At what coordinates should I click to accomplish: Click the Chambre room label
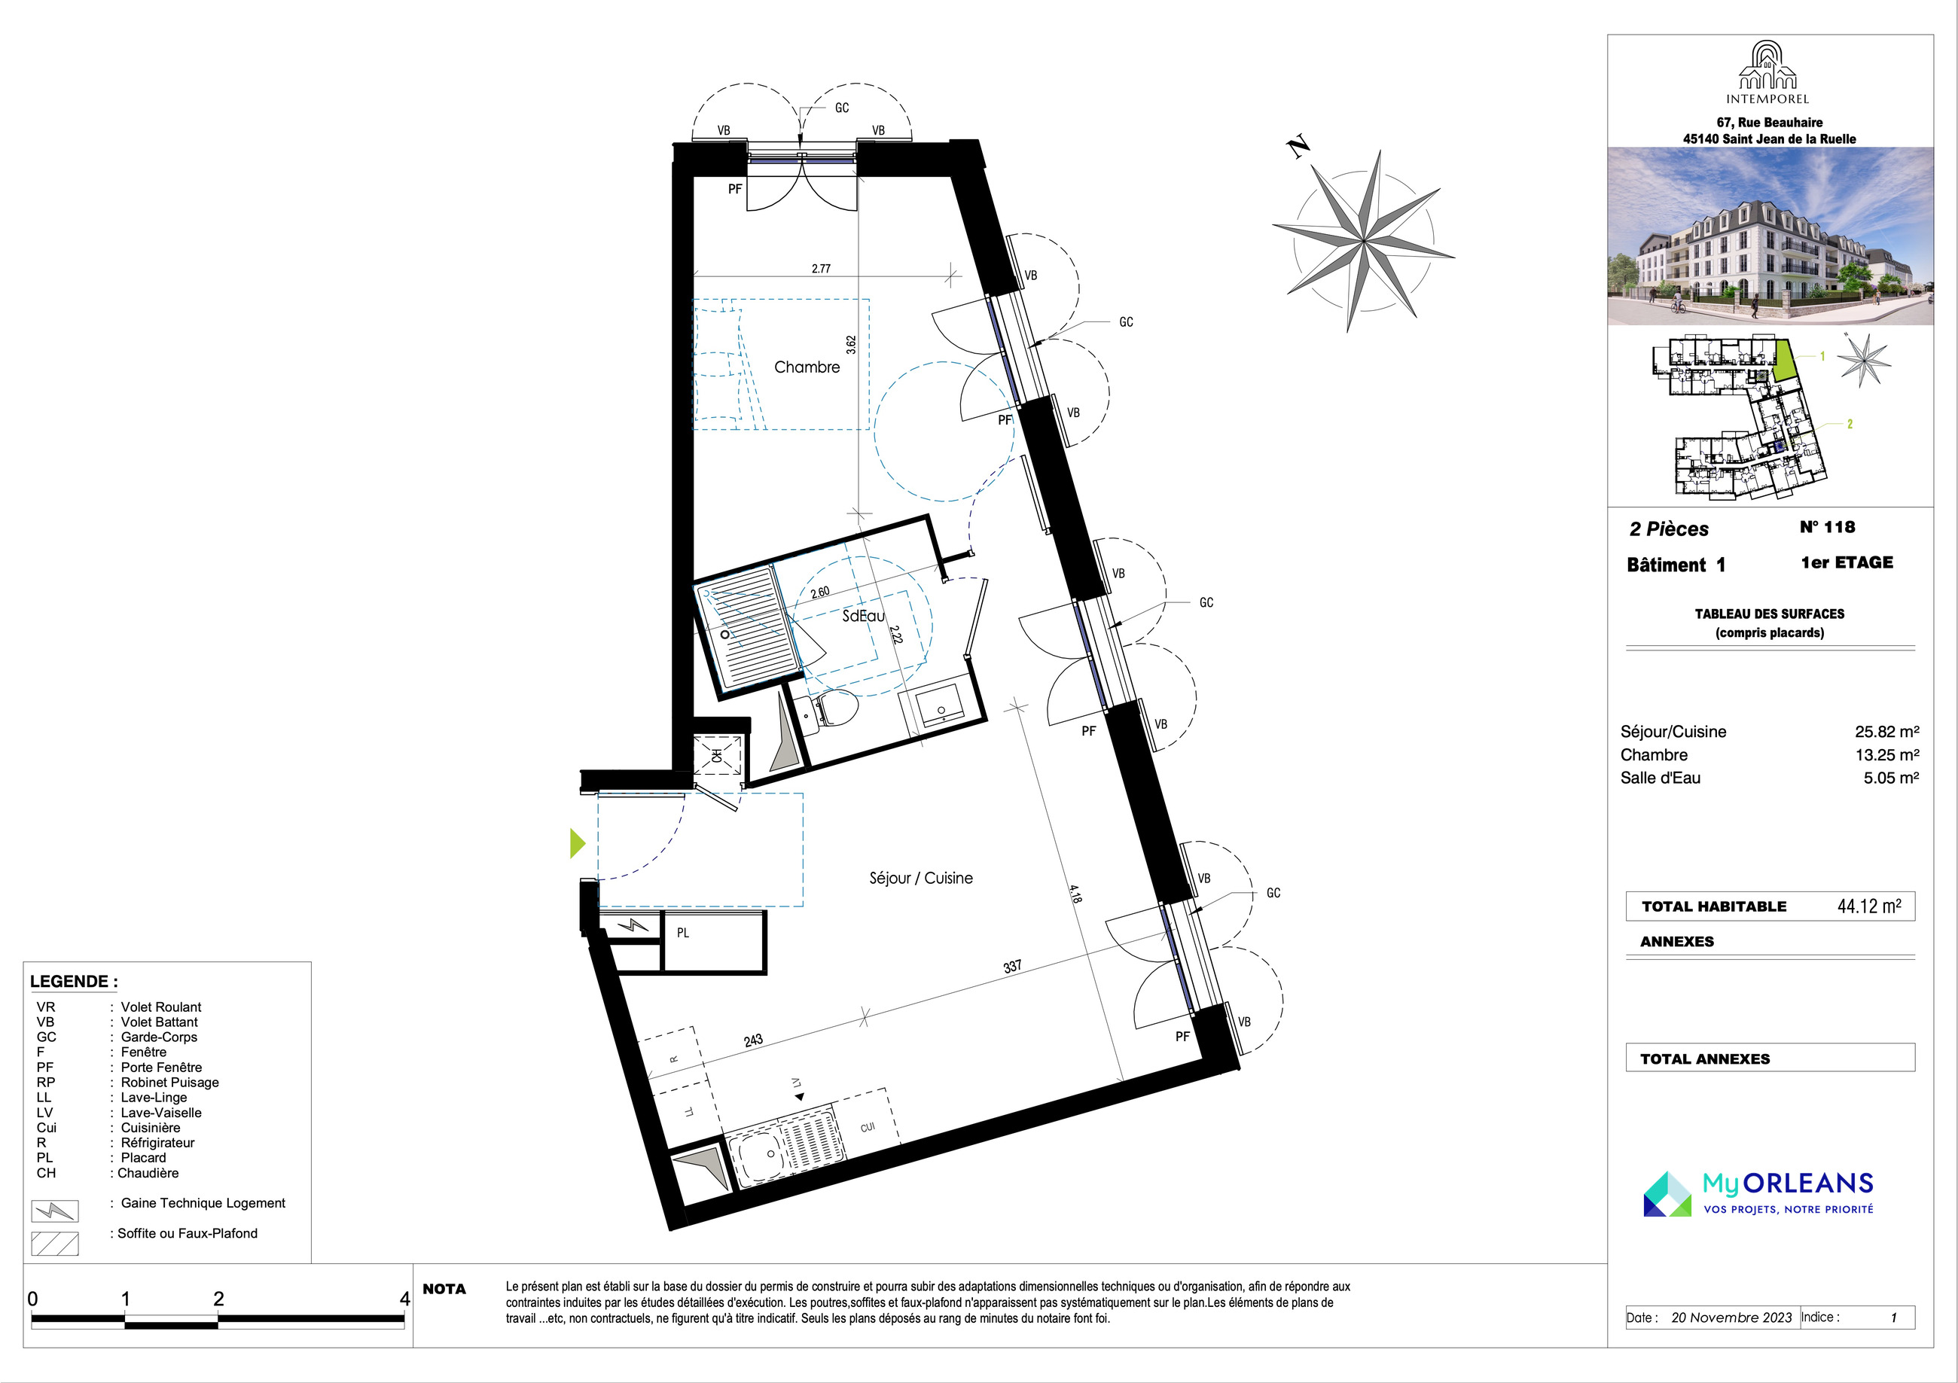(x=807, y=367)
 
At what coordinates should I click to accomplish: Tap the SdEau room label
(x=863, y=616)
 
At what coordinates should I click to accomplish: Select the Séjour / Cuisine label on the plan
(x=921, y=879)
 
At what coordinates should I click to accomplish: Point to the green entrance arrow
(x=578, y=843)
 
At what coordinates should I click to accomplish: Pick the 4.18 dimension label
(x=1075, y=894)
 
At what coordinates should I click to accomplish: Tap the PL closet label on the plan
(x=683, y=933)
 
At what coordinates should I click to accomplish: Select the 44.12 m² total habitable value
(x=1868, y=906)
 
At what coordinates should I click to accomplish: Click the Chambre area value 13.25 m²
(x=1887, y=754)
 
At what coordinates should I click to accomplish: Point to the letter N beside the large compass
(x=1298, y=148)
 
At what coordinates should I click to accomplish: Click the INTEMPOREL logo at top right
(x=1767, y=72)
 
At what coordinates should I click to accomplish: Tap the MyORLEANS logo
(x=1758, y=1193)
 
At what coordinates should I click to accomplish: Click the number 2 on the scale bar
(x=218, y=1299)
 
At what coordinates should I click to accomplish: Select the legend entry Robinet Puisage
(x=169, y=1082)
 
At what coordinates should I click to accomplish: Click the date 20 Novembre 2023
(x=1731, y=1318)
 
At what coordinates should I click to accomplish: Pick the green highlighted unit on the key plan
(x=1785, y=360)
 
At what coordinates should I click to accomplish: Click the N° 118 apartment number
(x=1828, y=527)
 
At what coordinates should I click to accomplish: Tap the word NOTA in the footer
(x=444, y=1289)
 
